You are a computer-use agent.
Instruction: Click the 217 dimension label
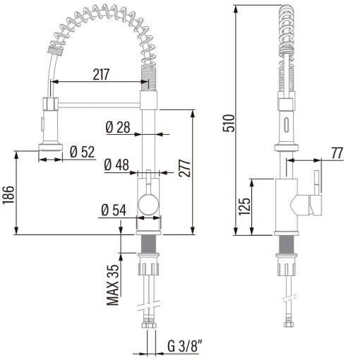coord(101,74)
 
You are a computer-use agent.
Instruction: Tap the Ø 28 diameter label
coord(118,127)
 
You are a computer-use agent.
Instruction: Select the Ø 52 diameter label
coord(83,152)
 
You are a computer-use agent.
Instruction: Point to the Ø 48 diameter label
coord(116,164)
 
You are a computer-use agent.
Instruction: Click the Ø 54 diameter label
coord(114,210)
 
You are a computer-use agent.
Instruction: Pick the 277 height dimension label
coord(185,168)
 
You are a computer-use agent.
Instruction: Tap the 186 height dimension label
coord(8,195)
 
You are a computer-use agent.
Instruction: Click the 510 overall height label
coord(229,123)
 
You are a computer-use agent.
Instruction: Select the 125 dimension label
coord(244,207)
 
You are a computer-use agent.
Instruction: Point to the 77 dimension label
coord(337,153)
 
